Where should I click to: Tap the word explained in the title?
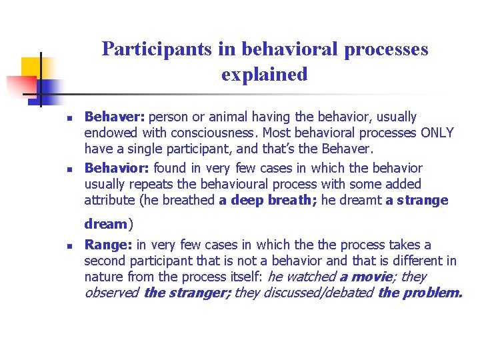[x=265, y=74]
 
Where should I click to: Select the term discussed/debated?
[x=317, y=293]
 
